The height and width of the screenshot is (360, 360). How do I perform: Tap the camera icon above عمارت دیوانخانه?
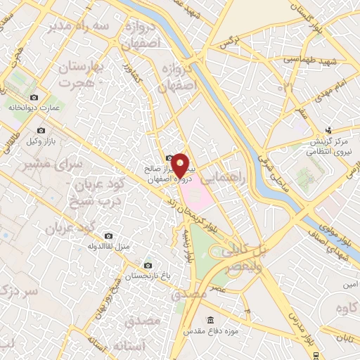click(34, 97)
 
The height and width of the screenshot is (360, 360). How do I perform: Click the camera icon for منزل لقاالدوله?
click(108, 236)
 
